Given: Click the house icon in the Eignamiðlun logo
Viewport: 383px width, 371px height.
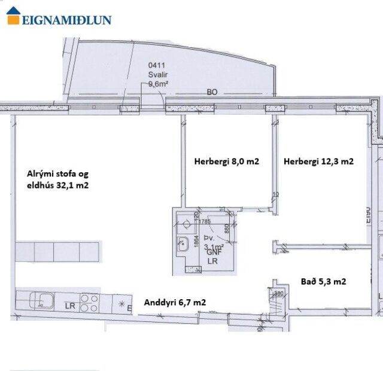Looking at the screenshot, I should tap(13, 16).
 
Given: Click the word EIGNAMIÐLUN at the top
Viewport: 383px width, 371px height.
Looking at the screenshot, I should tap(67, 20).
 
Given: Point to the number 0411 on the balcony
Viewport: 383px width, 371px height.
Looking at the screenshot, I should tap(157, 67).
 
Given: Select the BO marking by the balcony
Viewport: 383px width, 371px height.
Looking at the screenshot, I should tap(211, 92).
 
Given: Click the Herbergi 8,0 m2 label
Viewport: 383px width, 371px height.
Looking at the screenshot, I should tap(226, 161).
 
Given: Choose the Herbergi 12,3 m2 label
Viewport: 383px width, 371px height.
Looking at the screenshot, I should tap(318, 161).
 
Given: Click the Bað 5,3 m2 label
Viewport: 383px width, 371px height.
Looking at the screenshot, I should tap(321, 281).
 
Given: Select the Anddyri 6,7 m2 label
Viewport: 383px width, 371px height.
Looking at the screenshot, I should tap(175, 303).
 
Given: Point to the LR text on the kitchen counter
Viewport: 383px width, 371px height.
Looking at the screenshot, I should tap(69, 306).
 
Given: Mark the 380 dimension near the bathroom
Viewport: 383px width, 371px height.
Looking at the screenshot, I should tap(278, 294).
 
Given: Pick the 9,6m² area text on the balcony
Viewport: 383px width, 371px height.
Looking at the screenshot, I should tap(158, 84).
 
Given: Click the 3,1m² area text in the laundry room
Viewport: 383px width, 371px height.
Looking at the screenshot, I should tap(214, 246).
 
